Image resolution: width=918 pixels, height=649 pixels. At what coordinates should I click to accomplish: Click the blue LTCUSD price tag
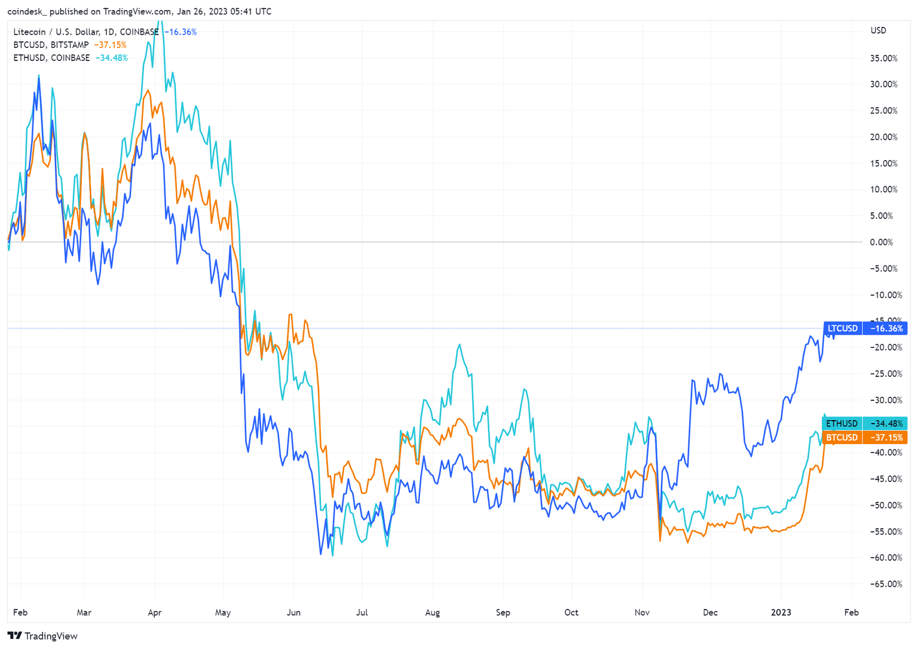[x=843, y=328]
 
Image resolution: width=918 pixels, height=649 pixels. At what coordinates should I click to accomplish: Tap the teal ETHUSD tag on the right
[x=842, y=423]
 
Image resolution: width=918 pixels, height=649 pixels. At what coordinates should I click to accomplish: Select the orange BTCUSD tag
[x=842, y=437]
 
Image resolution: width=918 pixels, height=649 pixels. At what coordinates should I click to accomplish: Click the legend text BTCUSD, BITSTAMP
[x=51, y=45]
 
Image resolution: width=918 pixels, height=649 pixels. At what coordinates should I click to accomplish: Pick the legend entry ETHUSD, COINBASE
[x=51, y=58]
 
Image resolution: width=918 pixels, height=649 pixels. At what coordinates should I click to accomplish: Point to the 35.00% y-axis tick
[x=883, y=59]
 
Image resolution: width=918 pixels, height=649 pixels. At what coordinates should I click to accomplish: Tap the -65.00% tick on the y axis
[x=882, y=584]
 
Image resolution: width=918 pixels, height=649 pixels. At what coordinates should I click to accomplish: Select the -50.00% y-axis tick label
[x=882, y=505]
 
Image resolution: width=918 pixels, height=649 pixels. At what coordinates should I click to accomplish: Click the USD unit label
[x=878, y=30]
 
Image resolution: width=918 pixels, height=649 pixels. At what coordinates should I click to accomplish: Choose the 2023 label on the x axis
[x=781, y=613]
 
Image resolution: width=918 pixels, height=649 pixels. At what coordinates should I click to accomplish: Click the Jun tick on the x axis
[x=293, y=613]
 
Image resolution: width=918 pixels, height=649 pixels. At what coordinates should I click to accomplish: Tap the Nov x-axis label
[x=642, y=613]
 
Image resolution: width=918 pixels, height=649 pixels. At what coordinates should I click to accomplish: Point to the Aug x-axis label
[x=432, y=613]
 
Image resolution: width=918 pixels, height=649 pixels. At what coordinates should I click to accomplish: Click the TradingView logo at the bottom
[x=42, y=636]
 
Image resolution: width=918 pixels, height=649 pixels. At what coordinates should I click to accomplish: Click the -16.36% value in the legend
[x=180, y=32]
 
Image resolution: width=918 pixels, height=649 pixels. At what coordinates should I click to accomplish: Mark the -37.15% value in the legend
[x=111, y=45]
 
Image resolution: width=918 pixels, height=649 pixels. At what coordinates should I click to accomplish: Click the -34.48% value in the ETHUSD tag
[x=886, y=423]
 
